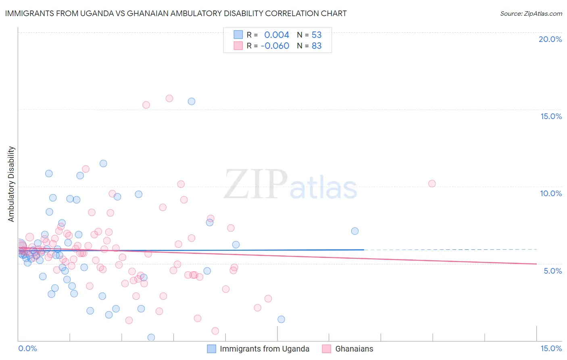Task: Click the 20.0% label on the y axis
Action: click(550, 39)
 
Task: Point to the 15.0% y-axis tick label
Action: click(551, 116)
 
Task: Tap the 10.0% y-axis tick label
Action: click(551, 193)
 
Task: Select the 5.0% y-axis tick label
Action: click(552, 271)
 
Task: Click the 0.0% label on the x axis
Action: click(27, 349)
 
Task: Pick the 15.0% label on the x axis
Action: click(551, 349)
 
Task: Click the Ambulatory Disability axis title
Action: click(11, 184)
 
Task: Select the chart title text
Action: click(176, 13)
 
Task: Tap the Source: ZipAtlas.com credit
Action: click(531, 13)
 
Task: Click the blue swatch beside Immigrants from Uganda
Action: click(212, 349)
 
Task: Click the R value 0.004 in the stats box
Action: click(277, 35)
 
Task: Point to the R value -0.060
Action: click(275, 46)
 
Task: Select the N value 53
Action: click(317, 35)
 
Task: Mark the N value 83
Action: click(317, 46)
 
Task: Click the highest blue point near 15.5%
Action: click(192, 101)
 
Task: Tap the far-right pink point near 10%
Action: click(432, 184)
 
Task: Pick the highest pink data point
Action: click(169, 98)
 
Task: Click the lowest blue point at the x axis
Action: click(151, 337)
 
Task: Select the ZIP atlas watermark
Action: click(290, 185)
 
